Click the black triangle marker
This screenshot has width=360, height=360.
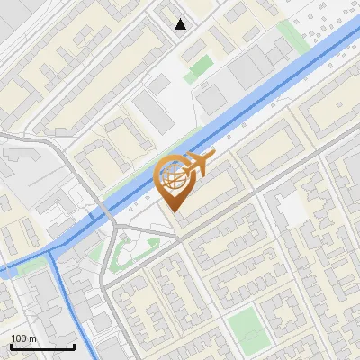point(181,24)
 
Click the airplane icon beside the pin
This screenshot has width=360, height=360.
point(197,164)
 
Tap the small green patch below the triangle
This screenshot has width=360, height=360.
point(201,67)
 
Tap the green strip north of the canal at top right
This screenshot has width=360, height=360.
point(290,36)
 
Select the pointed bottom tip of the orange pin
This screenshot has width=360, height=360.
point(173,211)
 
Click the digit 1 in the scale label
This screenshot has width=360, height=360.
point(13,337)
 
